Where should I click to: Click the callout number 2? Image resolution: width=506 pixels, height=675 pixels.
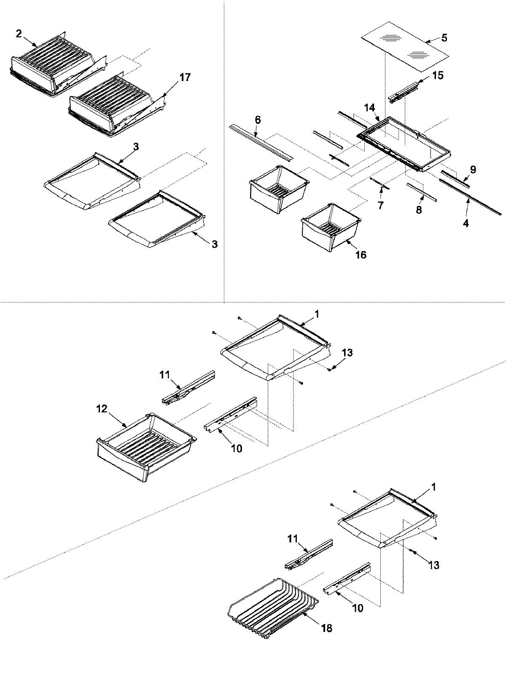pos(19,34)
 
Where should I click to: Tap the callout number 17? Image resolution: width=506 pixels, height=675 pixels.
pos(185,77)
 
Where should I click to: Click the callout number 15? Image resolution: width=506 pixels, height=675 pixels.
pos(438,76)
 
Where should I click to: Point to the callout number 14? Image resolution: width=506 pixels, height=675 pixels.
pos(370,108)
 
